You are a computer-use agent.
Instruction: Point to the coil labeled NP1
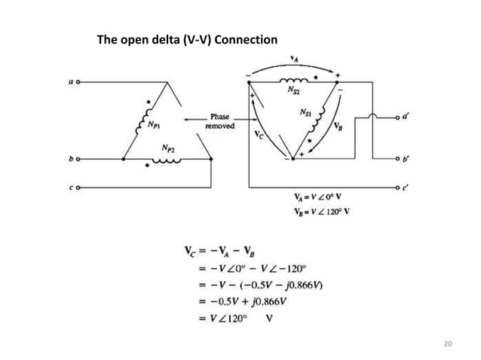142,121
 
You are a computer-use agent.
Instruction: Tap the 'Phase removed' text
220,122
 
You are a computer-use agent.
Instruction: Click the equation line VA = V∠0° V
323,198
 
